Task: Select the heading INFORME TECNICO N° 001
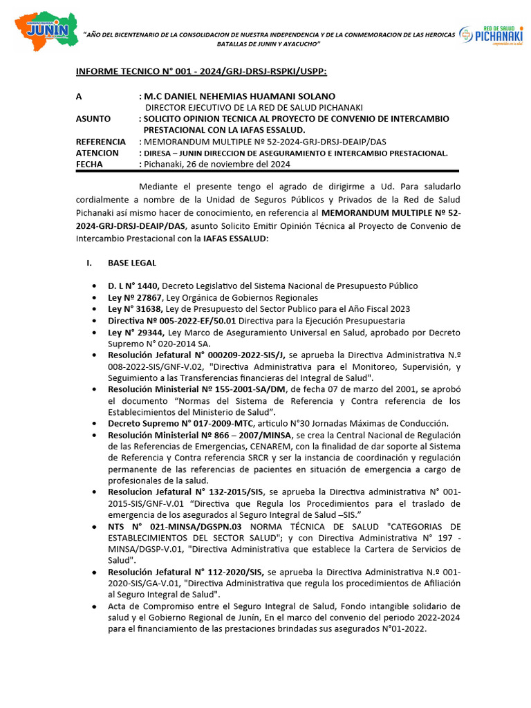coord(201,71)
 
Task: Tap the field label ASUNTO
coord(93,119)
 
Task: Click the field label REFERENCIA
coord(101,142)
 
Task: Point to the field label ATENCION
coord(97,153)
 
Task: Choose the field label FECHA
coord(89,164)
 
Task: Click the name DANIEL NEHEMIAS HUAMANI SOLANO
coord(239,96)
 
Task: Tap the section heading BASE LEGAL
coord(131,263)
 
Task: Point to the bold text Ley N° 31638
coord(133,309)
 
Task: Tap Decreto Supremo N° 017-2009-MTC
coord(181,423)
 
